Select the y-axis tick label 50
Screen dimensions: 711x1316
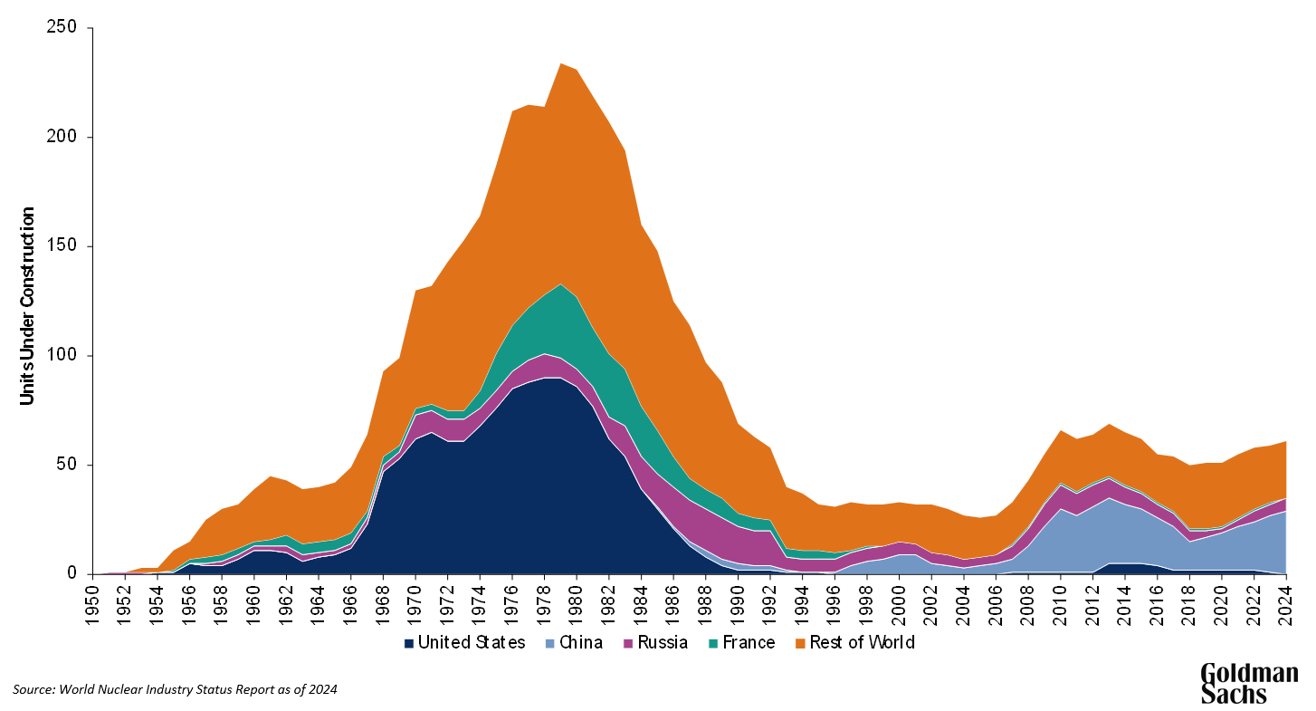point(73,465)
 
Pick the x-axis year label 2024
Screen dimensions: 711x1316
point(1285,601)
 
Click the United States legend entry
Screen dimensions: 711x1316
point(463,643)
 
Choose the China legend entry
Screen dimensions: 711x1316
point(577,643)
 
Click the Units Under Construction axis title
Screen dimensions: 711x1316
point(28,306)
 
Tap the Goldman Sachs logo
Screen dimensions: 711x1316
point(1248,683)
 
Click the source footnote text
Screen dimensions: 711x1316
point(175,689)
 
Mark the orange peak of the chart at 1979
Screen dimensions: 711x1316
point(562,65)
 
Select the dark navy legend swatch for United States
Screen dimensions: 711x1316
point(410,644)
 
